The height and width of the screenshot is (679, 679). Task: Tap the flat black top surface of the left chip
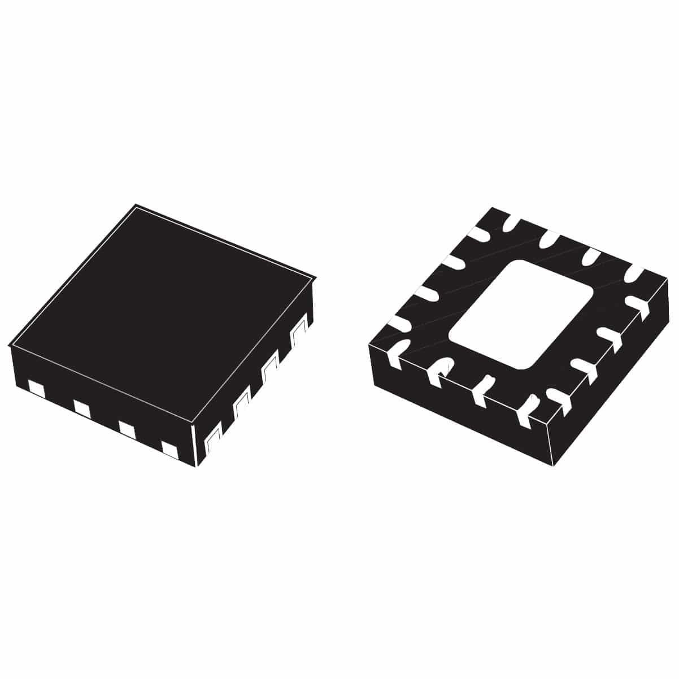161,311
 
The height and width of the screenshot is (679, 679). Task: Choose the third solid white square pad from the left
127,428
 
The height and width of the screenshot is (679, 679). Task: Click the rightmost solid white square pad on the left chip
170,449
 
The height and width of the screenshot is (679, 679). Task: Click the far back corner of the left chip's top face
136,205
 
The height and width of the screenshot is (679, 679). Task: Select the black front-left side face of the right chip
458,412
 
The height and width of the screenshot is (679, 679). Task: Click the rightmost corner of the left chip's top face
314,277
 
